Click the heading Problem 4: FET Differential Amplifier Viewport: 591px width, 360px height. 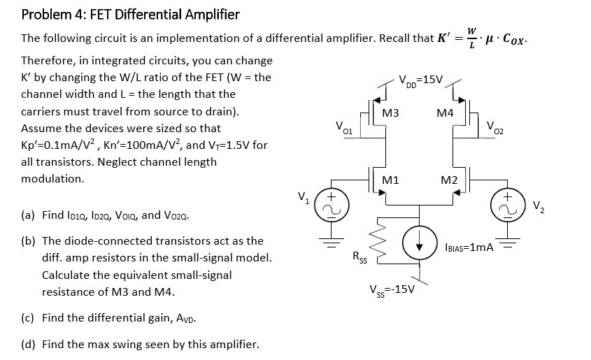130,14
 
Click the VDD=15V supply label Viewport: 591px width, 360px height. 420,78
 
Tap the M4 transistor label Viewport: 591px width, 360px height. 444,113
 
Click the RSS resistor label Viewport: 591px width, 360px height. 358,257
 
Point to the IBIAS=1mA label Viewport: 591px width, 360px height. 469,247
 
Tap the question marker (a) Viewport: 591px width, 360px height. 29,215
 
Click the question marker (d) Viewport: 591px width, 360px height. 29,344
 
